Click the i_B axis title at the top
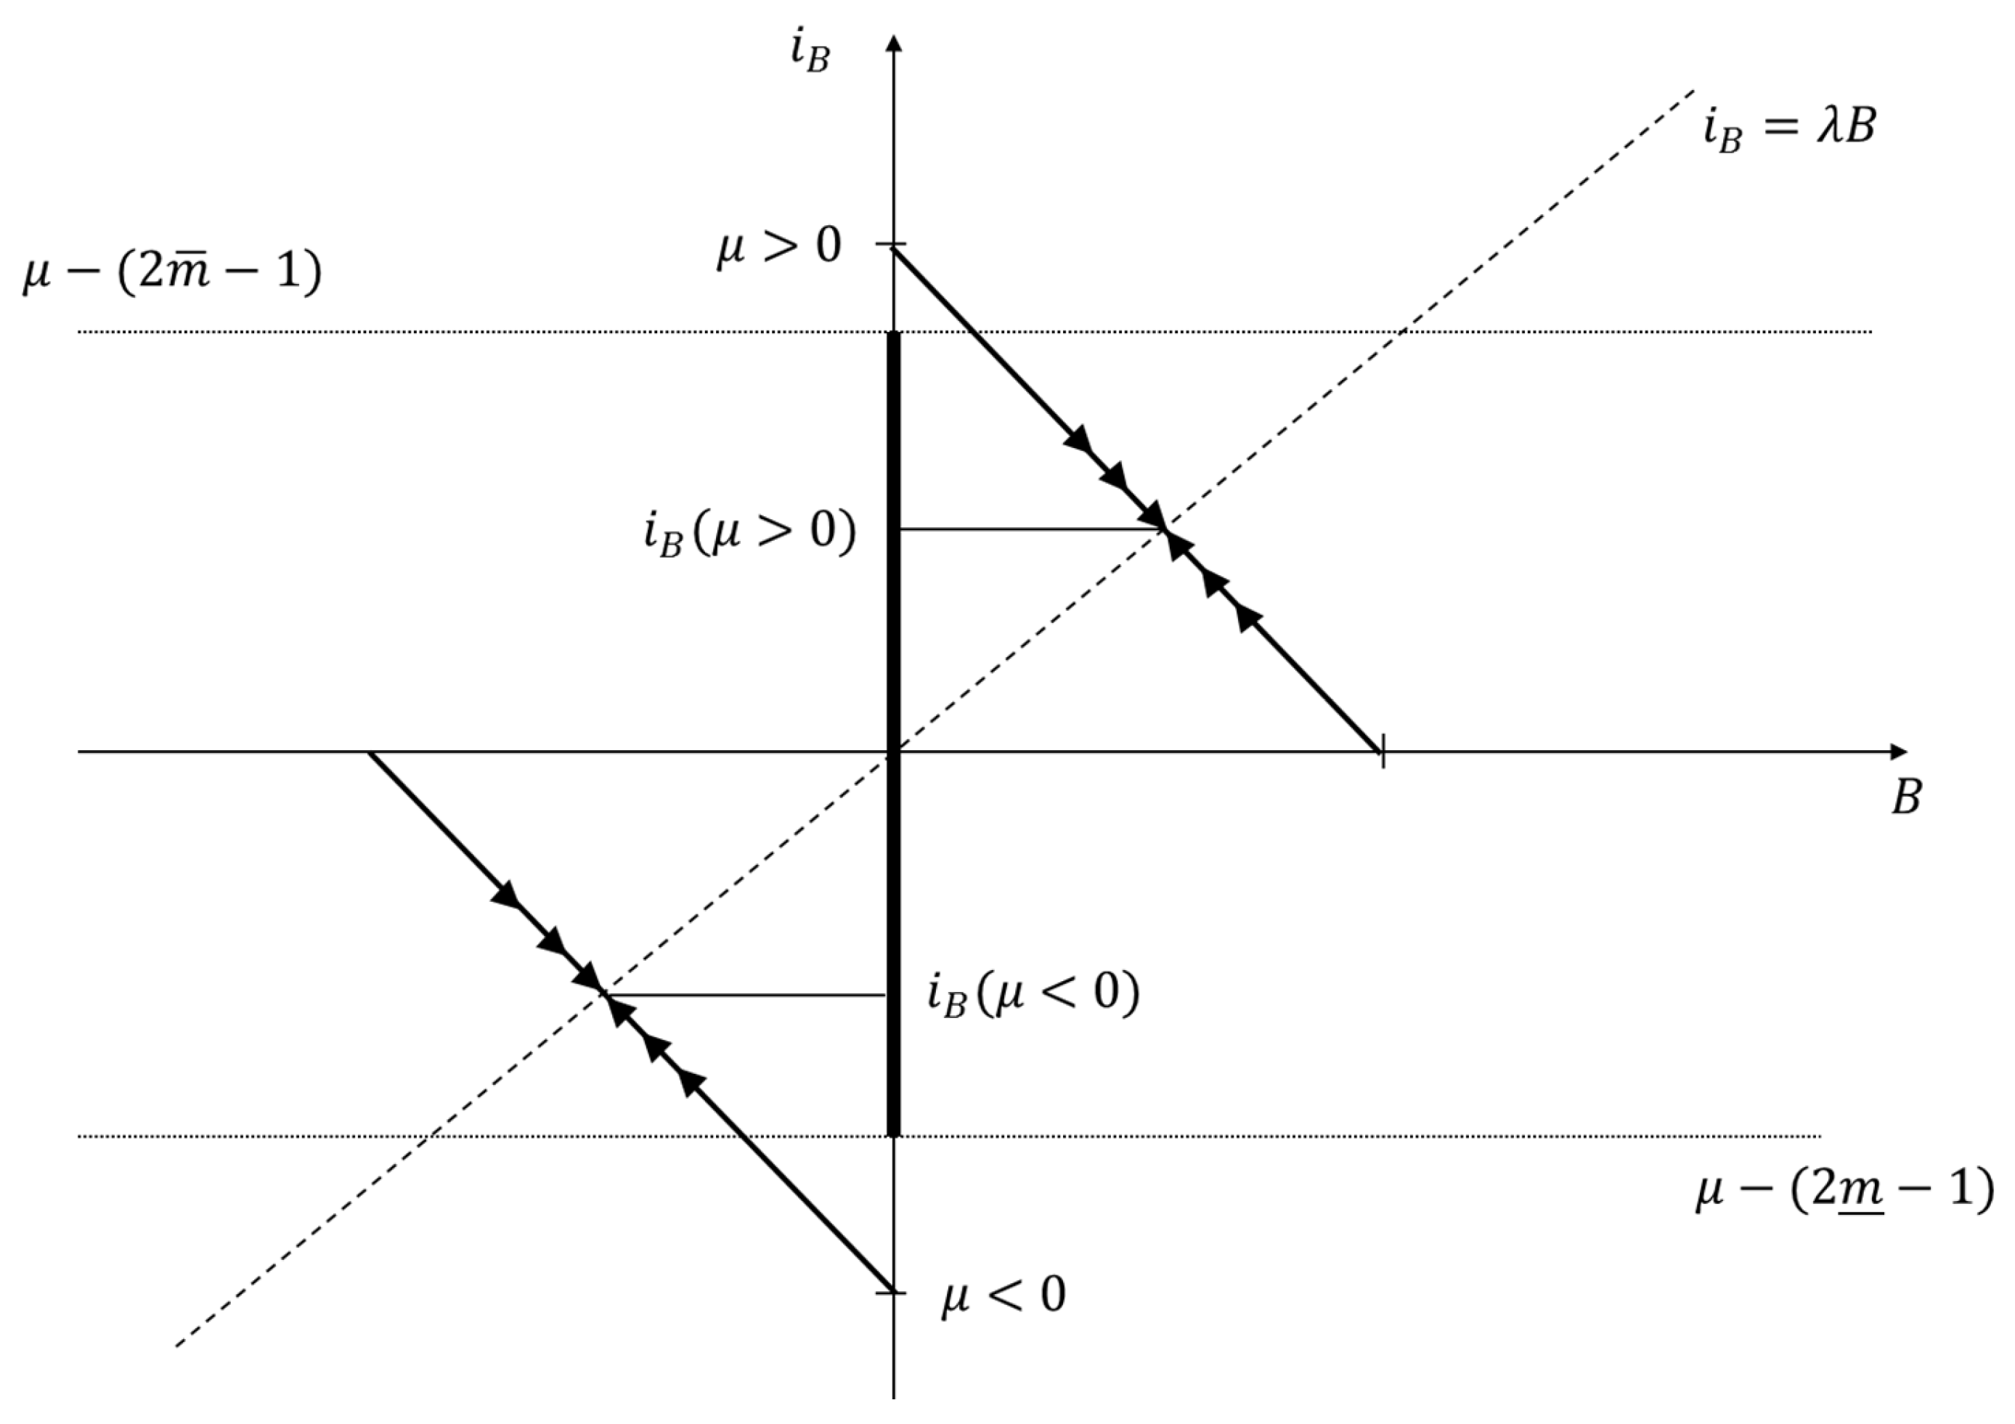pyautogui.click(x=808, y=54)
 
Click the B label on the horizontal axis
pyautogui.click(x=1905, y=797)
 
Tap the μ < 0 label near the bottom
pyautogui.click(x=1003, y=1295)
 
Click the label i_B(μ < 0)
pyautogui.click(x=1033, y=996)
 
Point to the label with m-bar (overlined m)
pyautogui.click(x=172, y=273)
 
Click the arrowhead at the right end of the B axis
pyautogui.click(x=1897, y=752)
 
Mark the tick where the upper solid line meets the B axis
pyautogui.click(x=1383, y=752)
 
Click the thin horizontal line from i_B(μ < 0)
pyautogui.click(x=746, y=995)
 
